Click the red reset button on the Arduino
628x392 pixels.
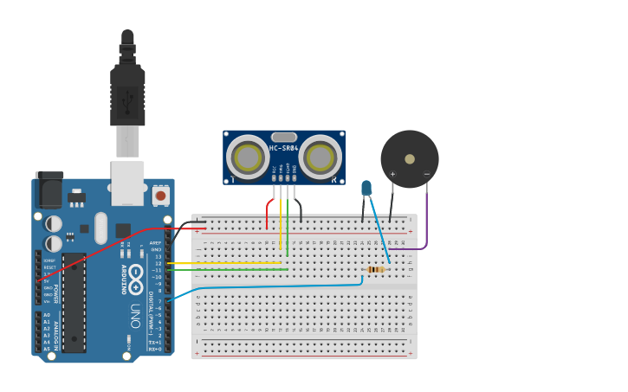tap(160, 196)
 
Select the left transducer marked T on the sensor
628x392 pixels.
tap(248, 157)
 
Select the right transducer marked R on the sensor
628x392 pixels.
tap(320, 157)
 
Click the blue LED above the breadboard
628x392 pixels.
tap(366, 188)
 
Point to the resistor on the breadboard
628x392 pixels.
tap(375, 269)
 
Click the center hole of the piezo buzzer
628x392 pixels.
tap(410, 159)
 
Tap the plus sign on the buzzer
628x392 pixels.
tap(392, 174)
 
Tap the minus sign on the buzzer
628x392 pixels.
tap(426, 174)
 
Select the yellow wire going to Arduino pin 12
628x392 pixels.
tap(225, 263)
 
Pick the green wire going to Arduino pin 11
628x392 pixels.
tap(225, 270)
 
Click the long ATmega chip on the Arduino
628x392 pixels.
tap(74, 302)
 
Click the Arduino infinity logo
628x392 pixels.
tap(136, 272)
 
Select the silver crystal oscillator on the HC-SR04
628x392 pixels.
tap(284, 137)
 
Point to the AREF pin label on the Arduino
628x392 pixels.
tap(156, 243)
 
